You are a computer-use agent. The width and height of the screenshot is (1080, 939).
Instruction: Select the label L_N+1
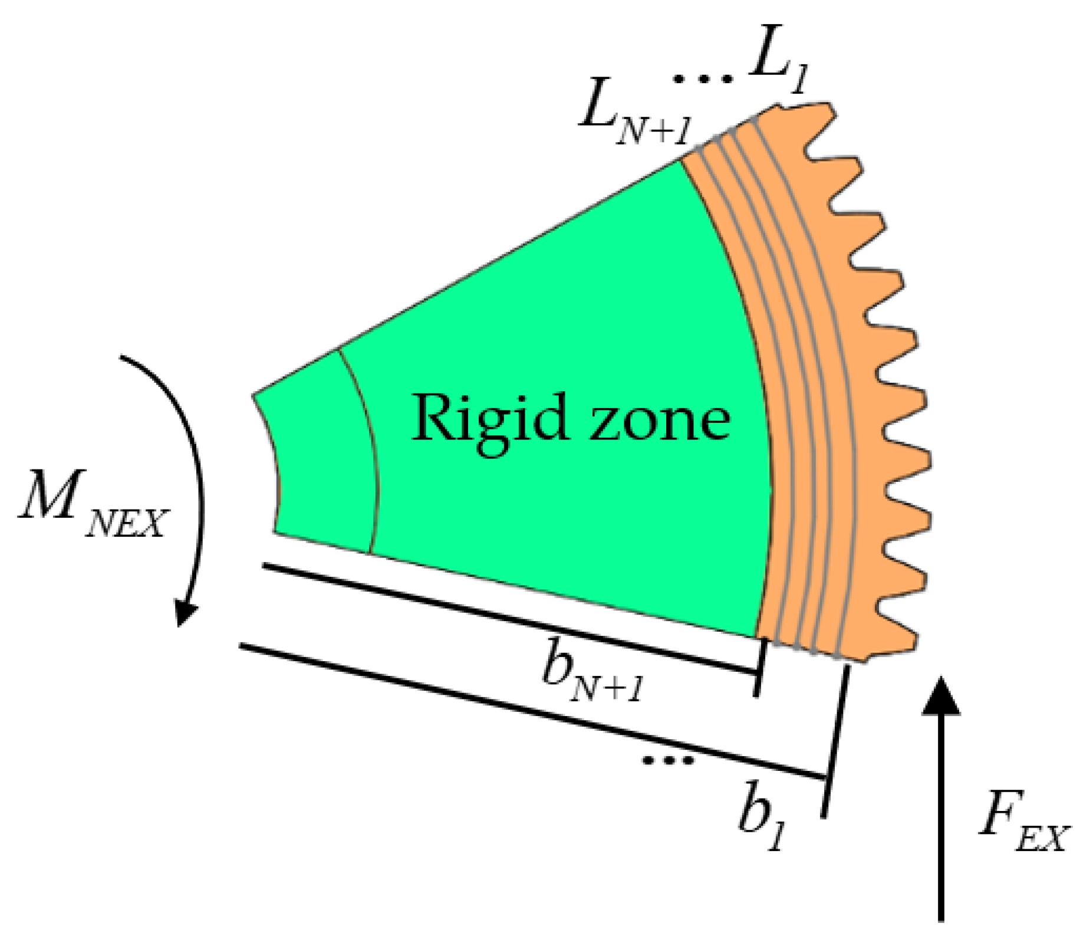point(634,118)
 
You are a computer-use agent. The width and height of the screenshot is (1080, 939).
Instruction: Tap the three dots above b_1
point(668,760)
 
